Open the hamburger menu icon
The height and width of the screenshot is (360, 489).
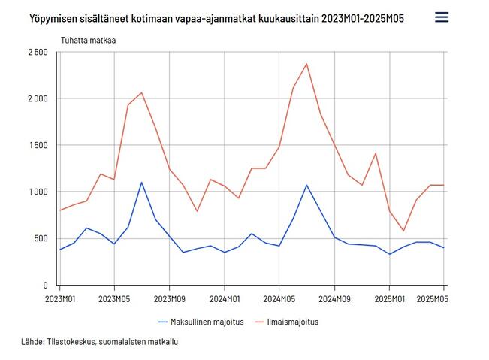[x=442, y=17]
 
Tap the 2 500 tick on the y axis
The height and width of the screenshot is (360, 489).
[x=36, y=52]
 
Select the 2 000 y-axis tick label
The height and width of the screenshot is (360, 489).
[x=36, y=98]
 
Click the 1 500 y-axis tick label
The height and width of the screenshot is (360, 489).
[x=37, y=145]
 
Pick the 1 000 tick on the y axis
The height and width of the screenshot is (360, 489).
[x=37, y=192]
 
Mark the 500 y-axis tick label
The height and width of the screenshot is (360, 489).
[x=41, y=238]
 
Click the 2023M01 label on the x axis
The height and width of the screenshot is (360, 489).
[x=60, y=298]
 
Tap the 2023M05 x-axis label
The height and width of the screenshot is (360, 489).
[x=114, y=298]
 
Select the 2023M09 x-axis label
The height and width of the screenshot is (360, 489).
[x=169, y=298]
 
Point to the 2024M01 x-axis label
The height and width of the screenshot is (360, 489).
[x=224, y=298]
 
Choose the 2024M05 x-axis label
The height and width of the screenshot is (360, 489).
[x=279, y=298]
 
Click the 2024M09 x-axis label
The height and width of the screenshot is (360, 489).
[x=334, y=298]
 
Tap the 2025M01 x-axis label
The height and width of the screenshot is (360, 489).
[x=389, y=298]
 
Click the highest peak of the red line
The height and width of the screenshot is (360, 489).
[x=306, y=64]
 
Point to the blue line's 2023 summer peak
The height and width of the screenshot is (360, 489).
[x=141, y=183]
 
